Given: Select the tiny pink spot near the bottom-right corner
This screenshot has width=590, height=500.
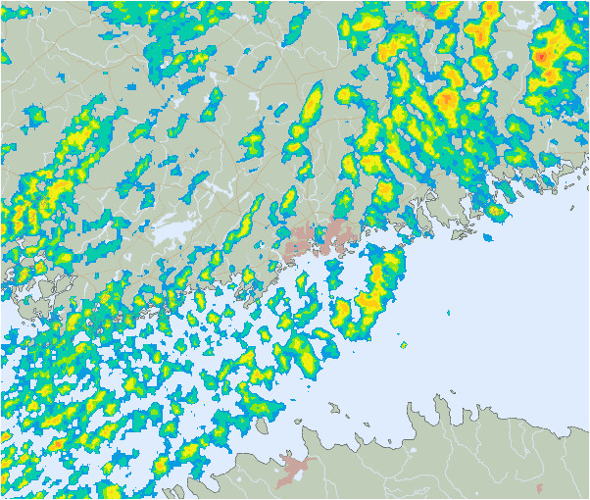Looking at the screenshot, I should [x=540, y=487].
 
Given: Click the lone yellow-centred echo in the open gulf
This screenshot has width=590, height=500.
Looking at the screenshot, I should [x=403, y=345].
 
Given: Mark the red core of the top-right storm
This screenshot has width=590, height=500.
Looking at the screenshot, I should [x=540, y=57].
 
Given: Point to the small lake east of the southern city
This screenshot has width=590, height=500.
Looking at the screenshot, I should [x=413, y=450].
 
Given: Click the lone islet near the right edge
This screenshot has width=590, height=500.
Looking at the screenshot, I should [x=573, y=207].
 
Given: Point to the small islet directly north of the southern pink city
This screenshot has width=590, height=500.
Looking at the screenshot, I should [x=299, y=418].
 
